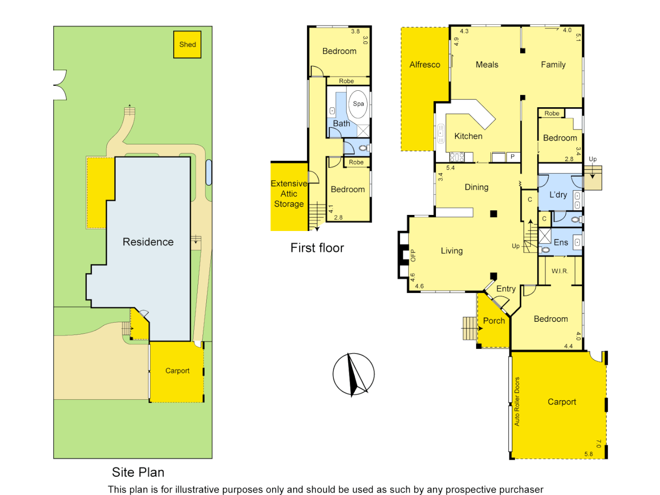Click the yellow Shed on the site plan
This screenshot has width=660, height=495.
(187, 44)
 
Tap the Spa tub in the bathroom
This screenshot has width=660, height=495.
(358, 104)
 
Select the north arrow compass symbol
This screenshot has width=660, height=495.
(353, 374)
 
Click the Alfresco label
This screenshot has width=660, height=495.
(424, 65)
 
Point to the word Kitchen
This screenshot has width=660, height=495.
(468, 136)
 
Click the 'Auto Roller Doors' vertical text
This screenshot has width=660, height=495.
(517, 401)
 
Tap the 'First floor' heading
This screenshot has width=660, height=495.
(317, 248)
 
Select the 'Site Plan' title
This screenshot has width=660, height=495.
(138, 472)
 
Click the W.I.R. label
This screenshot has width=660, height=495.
(560, 271)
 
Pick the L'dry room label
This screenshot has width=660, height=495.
(558, 195)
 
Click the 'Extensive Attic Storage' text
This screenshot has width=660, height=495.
(289, 194)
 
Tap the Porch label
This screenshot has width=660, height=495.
(494, 321)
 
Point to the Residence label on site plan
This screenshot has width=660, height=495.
(148, 242)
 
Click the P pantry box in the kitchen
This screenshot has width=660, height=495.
(512, 157)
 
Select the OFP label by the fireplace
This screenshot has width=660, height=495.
(413, 255)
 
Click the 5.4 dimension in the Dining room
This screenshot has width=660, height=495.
(450, 168)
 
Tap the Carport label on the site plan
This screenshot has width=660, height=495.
(177, 371)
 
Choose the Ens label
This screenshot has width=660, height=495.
(561, 242)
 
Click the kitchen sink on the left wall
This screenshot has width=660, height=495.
(441, 133)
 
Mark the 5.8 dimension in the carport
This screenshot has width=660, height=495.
(588, 454)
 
